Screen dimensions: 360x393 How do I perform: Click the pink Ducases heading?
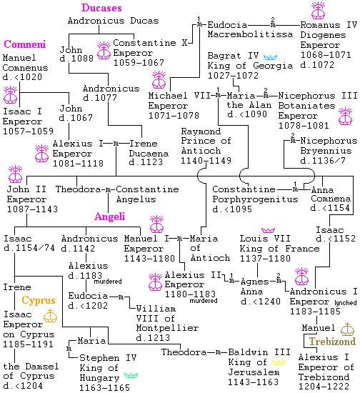coord(101,8)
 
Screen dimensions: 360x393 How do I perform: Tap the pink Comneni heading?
coord(25,44)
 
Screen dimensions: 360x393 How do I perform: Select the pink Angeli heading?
coord(110,217)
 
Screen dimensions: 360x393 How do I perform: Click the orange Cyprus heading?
coord(39,300)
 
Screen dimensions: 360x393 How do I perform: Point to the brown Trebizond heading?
coord(332,342)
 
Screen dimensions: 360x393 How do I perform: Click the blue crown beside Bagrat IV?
coord(270,57)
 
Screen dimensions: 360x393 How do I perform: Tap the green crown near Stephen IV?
coord(131,375)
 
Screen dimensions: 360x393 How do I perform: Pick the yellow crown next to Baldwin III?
coord(279,362)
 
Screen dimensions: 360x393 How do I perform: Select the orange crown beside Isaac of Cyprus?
coord(50,316)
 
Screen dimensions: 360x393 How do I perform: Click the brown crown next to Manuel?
coord(347,329)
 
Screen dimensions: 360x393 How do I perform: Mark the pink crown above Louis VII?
coord(268,230)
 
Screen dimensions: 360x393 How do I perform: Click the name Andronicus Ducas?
coord(114,21)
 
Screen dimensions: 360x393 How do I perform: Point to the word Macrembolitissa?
coord(250,34)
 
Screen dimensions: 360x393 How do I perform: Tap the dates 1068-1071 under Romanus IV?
coord(326,55)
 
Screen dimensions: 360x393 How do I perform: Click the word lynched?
coord(346,303)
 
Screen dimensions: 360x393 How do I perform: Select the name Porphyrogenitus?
coord(255,199)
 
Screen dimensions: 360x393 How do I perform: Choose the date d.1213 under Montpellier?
coord(153,338)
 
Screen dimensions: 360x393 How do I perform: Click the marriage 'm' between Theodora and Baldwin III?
coord(218,353)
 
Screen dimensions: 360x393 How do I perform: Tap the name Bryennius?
coord(326,151)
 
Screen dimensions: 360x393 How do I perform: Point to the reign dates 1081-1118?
coord(78,164)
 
